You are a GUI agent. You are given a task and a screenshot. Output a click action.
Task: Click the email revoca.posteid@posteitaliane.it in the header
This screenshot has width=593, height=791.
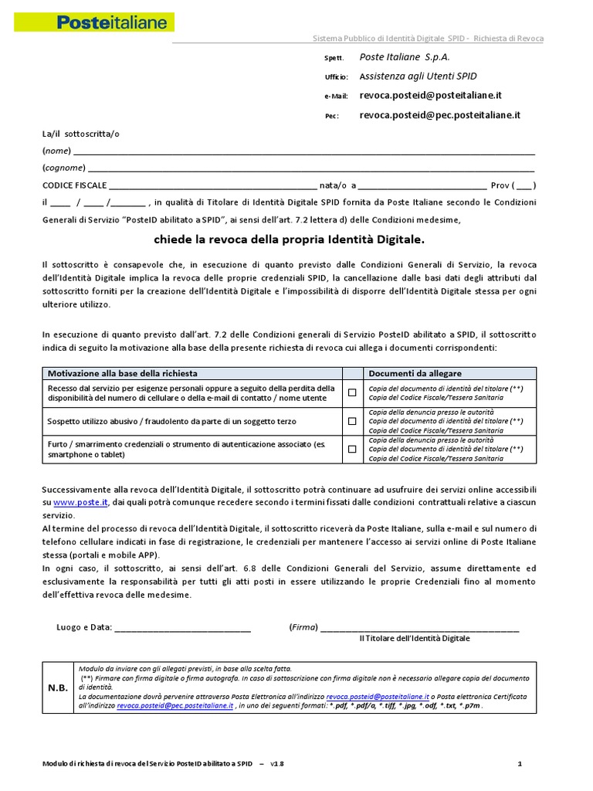tap(431, 95)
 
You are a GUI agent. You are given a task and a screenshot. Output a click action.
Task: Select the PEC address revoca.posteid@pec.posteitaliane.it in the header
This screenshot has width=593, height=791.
tap(439, 114)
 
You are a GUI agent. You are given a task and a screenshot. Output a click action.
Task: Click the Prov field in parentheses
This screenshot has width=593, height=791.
tap(524, 185)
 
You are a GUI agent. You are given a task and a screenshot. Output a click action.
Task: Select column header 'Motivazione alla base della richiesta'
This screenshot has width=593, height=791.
tap(123, 373)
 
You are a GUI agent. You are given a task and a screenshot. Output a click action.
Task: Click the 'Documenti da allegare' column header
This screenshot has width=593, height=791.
tap(415, 373)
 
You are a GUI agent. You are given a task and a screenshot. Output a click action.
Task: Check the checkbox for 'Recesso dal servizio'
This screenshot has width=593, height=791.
tap(352, 393)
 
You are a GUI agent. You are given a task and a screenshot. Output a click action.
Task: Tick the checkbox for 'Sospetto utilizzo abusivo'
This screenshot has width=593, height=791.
tap(352, 421)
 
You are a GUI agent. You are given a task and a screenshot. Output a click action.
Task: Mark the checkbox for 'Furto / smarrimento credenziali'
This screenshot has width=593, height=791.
tap(352, 449)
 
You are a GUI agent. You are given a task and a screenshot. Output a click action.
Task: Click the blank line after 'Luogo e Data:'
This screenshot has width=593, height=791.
tap(183, 626)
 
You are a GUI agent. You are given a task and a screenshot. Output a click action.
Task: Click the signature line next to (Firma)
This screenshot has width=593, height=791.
tap(419, 626)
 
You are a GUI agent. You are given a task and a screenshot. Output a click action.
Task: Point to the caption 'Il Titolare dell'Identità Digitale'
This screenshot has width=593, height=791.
tap(415, 639)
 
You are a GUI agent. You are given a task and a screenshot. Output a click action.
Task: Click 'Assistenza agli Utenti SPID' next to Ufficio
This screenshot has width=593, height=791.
tap(418, 76)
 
